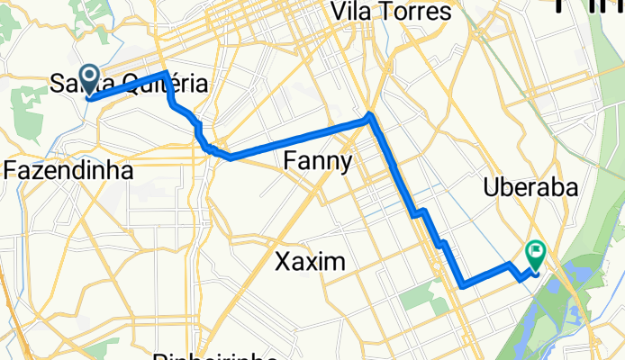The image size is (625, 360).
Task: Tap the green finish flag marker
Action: (536, 253)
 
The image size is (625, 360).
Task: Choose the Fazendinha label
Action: (68, 169)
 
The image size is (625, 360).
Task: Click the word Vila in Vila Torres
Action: (354, 12)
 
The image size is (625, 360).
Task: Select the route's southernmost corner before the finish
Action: (463, 286)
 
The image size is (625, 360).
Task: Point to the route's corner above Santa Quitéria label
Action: (167, 74)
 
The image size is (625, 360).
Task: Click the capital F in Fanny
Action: (291, 161)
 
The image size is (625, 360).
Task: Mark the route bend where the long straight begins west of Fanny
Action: (232, 157)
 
